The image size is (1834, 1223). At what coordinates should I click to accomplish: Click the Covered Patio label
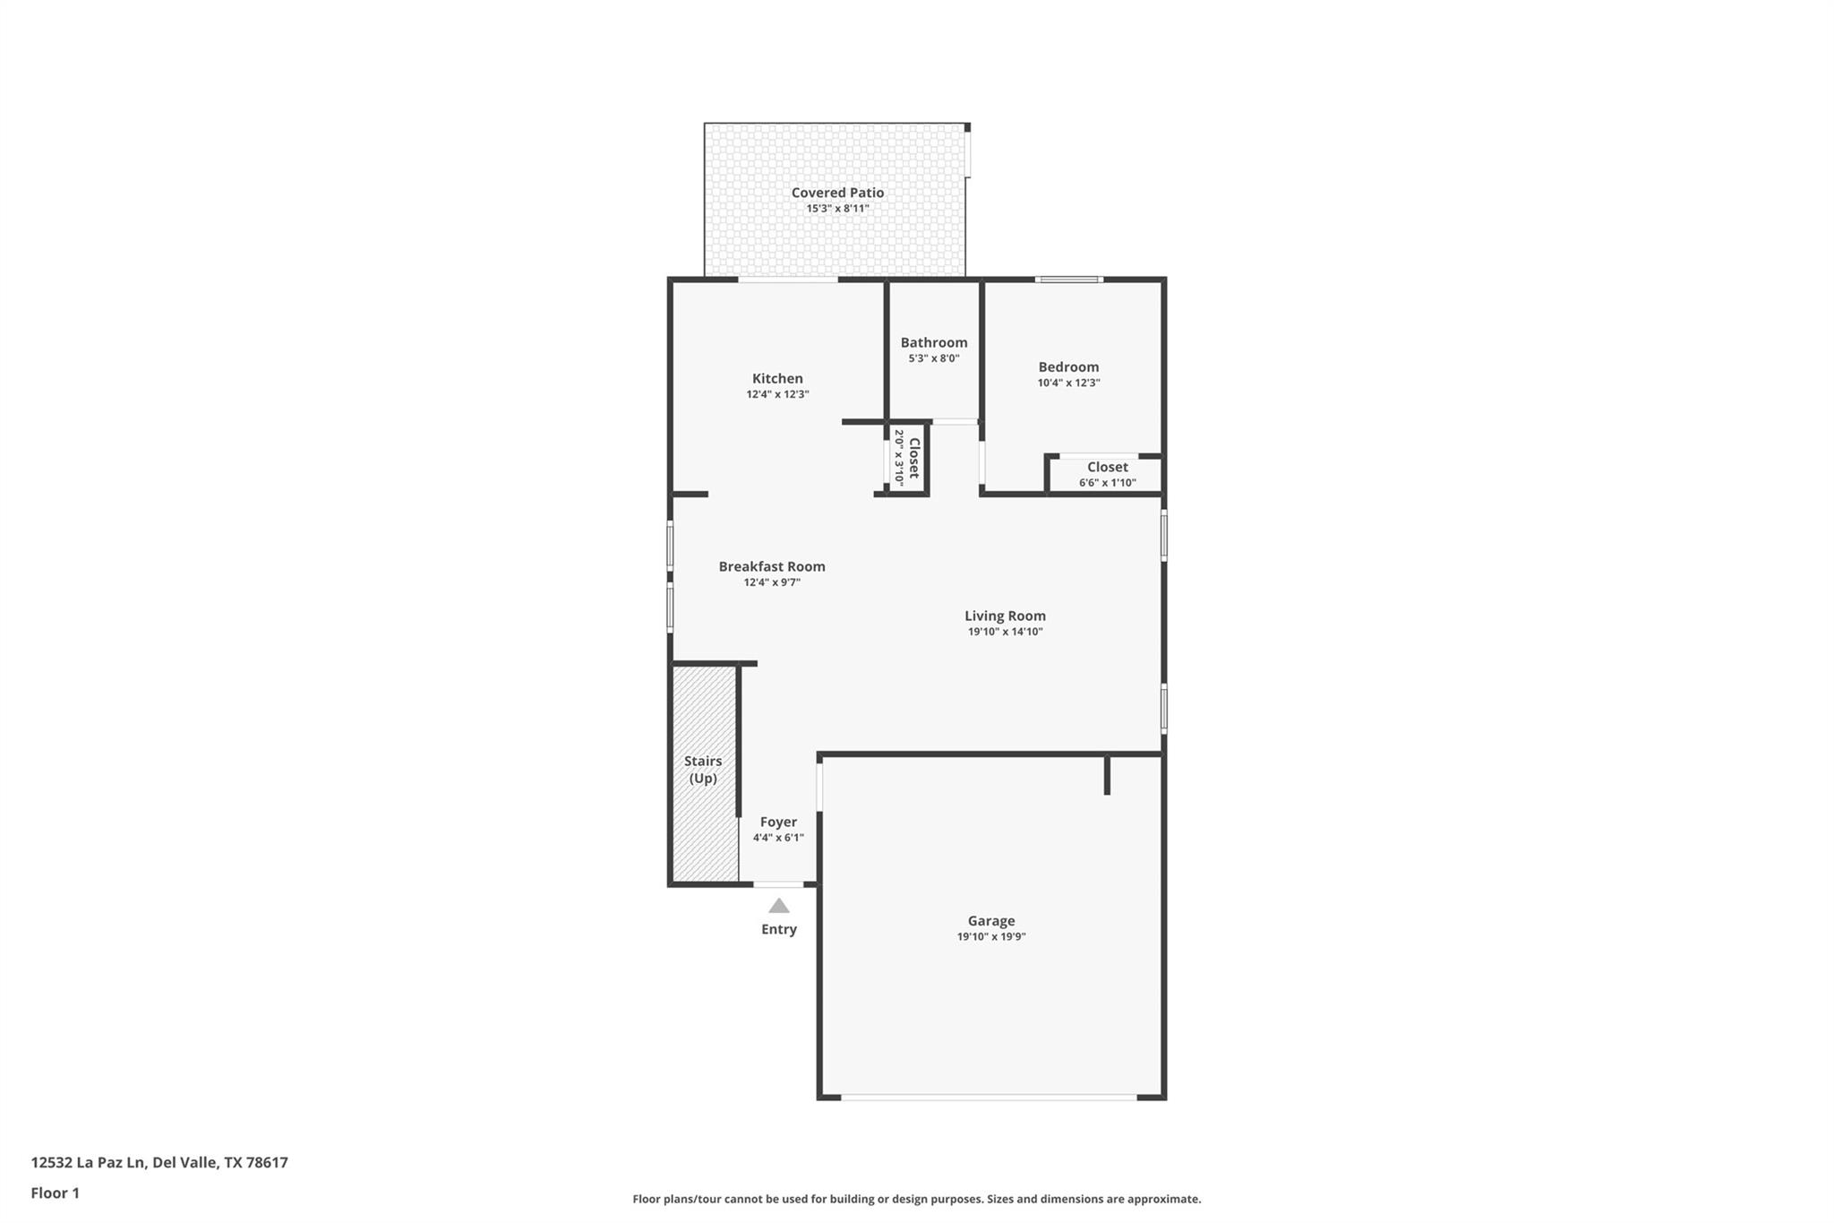(x=837, y=193)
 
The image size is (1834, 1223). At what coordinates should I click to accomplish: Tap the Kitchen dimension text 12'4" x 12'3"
(x=777, y=394)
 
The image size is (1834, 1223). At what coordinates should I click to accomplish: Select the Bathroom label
(x=934, y=342)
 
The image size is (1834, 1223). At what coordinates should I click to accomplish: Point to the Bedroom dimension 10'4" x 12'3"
(x=1068, y=383)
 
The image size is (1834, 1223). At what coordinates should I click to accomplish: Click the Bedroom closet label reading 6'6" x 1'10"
(x=1107, y=483)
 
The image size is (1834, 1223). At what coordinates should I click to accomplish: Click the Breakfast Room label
(x=772, y=566)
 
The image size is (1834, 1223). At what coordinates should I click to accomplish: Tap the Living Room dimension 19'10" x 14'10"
(x=1005, y=632)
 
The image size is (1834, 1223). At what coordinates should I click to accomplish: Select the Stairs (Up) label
(x=703, y=770)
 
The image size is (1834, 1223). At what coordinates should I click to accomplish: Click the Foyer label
(x=778, y=822)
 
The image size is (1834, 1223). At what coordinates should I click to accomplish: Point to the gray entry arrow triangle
(x=779, y=906)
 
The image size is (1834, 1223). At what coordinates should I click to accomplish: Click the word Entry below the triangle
(x=779, y=929)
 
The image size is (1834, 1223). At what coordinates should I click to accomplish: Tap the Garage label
(x=990, y=920)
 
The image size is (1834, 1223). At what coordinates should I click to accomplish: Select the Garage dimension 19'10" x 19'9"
(x=990, y=937)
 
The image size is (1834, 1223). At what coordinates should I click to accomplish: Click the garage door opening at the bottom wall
(x=989, y=1097)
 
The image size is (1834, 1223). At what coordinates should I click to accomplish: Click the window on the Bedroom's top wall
(x=1069, y=280)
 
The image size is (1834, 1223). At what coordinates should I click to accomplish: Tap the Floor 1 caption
(x=56, y=1193)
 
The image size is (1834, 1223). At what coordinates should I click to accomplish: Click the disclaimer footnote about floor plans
(x=916, y=1199)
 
